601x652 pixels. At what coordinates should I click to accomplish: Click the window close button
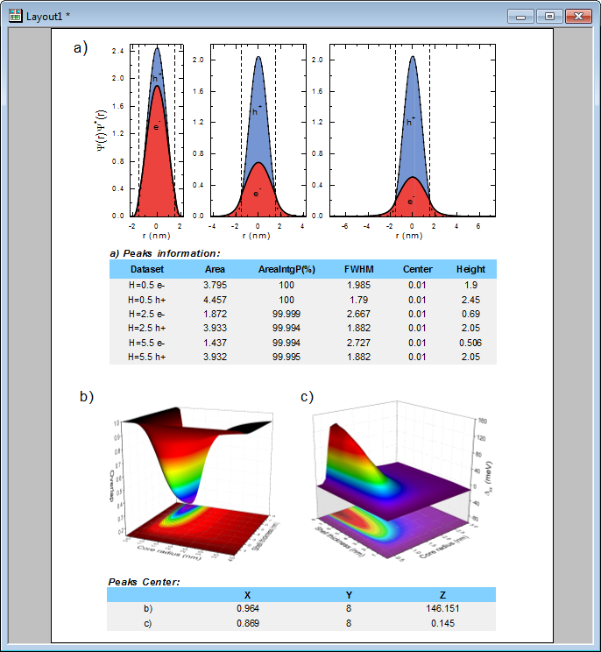(577, 16)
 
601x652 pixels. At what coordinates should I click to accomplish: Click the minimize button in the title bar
(523, 16)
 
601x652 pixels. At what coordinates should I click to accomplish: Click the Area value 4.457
(215, 300)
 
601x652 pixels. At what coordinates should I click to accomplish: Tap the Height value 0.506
(470, 342)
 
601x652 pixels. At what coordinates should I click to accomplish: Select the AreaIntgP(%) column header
(286, 269)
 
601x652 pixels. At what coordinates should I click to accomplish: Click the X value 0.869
(248, 622)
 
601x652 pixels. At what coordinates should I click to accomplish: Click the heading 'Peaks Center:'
(145, 581)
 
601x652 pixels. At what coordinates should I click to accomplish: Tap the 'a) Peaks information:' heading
(165, 253)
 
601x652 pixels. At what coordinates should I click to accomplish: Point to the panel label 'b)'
(87, 397)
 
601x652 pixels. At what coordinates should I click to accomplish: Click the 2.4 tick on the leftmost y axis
(117, 51)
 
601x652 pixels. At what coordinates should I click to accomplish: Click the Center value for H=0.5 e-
(417, 286)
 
